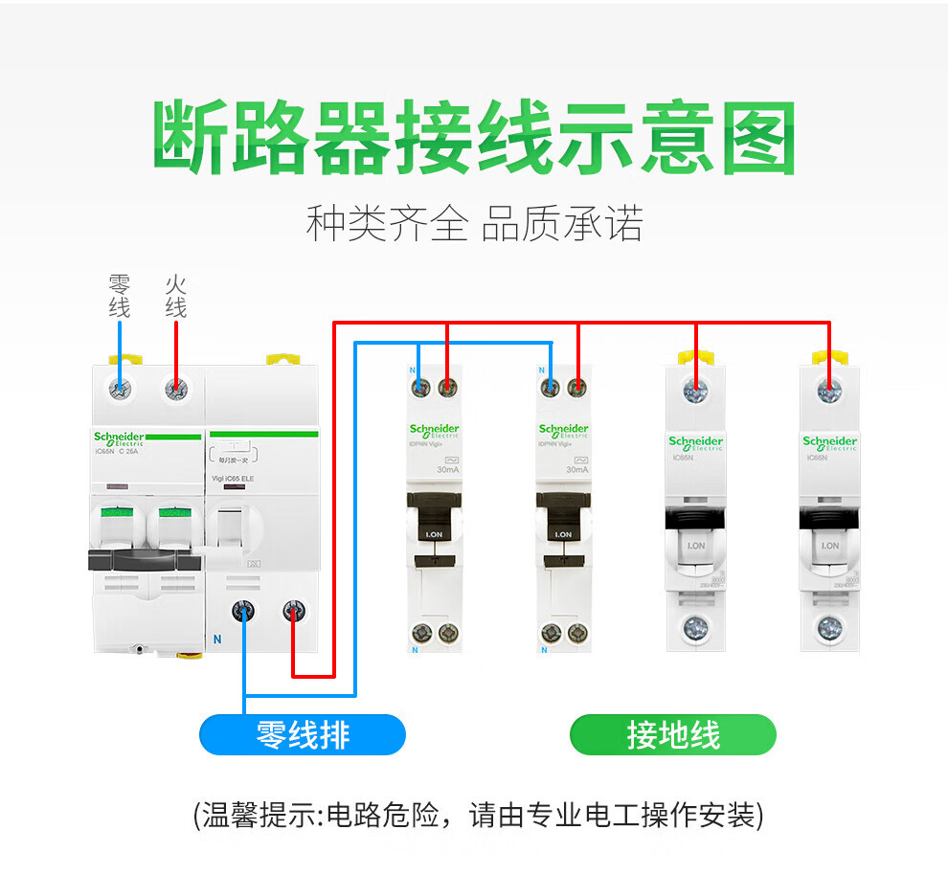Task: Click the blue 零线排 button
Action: pos(303,735)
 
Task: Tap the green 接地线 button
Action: pos(672,735)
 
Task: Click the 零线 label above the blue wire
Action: pos(119,296)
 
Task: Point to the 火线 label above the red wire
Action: pos(175,296)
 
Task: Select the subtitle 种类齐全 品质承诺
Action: pos(474,225)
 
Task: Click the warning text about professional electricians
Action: pos(478,815)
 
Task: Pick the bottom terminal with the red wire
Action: pos(292,610)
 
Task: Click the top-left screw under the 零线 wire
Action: pos(120,389)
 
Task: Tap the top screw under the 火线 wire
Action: pos(175,389)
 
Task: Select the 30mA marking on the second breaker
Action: pos(446,470)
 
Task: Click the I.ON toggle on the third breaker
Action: pos(563,534)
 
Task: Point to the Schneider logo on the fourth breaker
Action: pos(696,442)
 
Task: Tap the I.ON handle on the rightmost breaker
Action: pos(829,545)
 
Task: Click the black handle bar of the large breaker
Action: pos(144,559)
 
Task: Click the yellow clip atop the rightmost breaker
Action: pos(829,357)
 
